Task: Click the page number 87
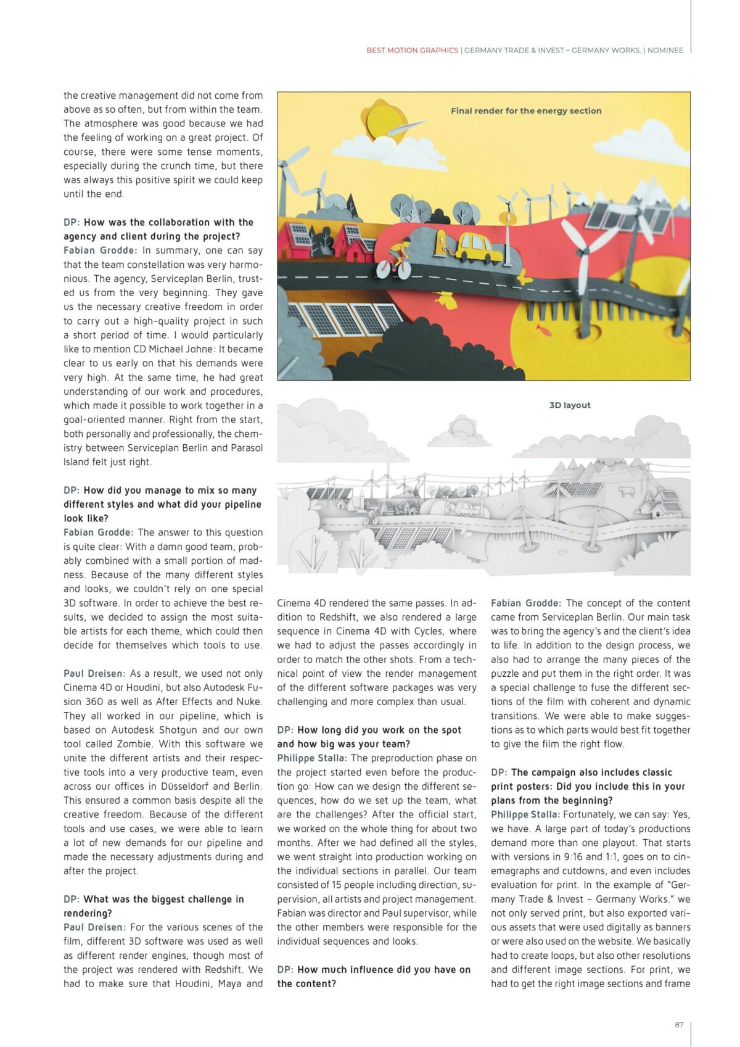(x=679, y=1025)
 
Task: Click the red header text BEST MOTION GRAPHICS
(x=412, y=51)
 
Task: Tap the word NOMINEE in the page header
(x=665, y=51)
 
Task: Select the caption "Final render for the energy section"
(x=526, y=111)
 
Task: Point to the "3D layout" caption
(x=570, y=405)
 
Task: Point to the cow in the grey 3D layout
(x=628, y=492)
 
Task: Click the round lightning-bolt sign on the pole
(x=507, y=218)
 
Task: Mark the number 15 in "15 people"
(x=336, y=885)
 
